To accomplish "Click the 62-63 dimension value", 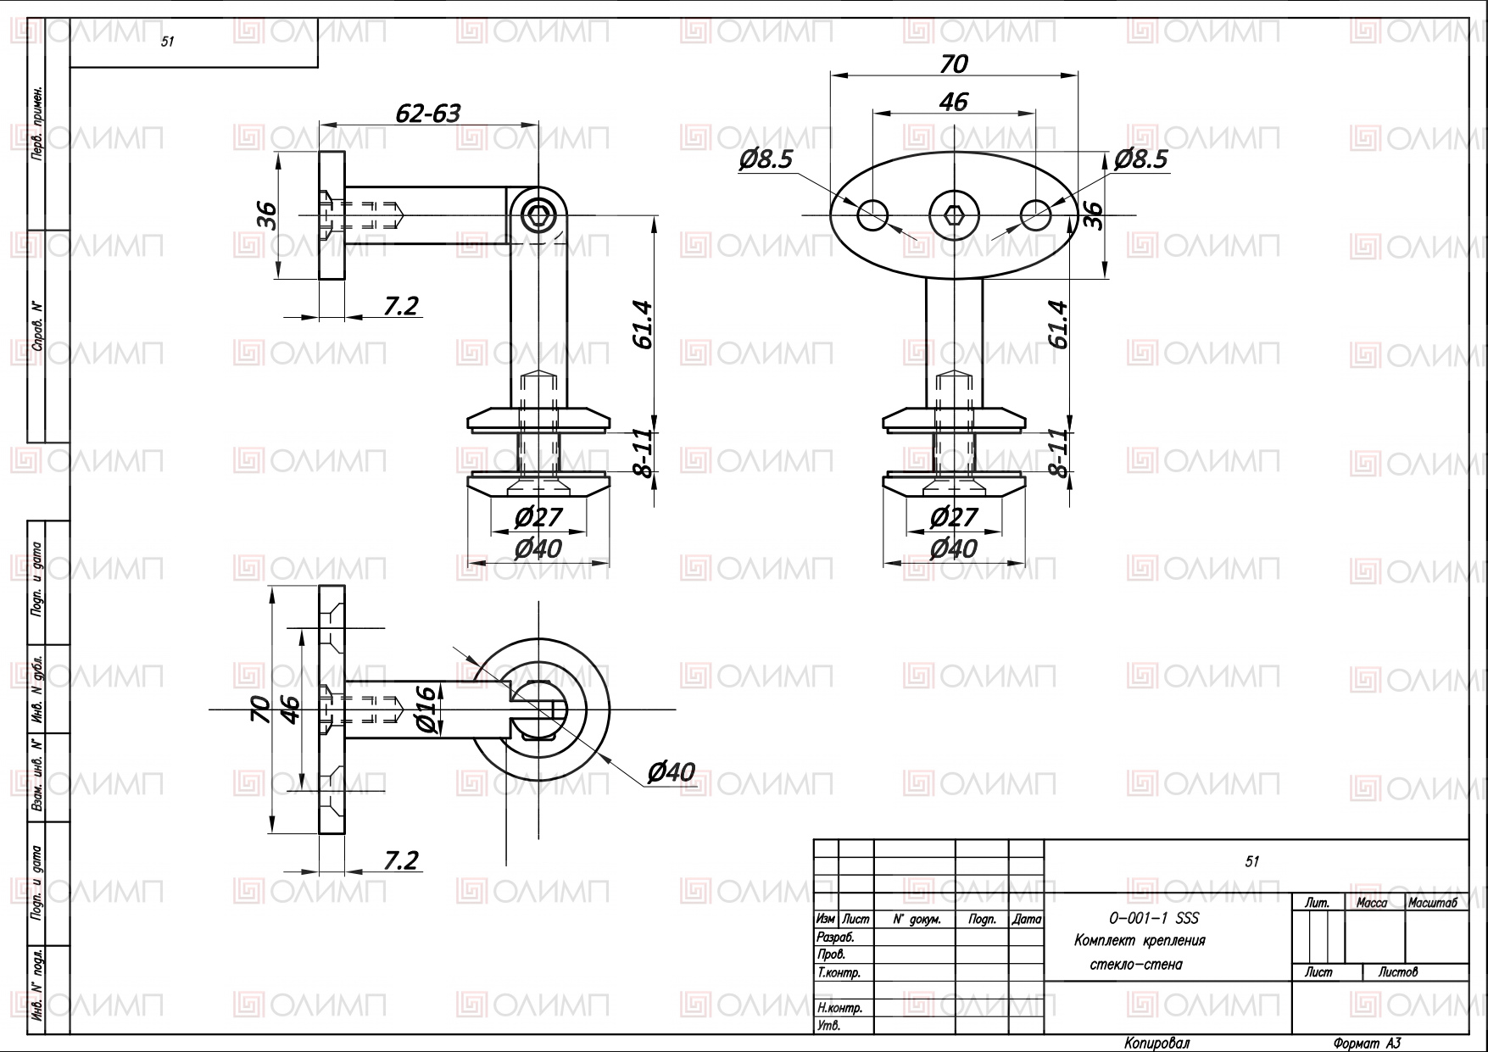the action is (x=428, y=113).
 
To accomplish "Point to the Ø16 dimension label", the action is (x=426, y=709).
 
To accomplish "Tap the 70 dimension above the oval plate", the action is (x=954, y=64).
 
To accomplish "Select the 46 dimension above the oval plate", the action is (x=954, y=102).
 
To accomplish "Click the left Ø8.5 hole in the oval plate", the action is (x=872, y=214).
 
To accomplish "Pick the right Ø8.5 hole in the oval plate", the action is (x=1035, y=214).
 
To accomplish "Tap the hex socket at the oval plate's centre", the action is (x=954, y=214).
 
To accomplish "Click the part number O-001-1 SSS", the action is (x=1154, y=918).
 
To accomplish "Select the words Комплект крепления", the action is (x=1140, y=941).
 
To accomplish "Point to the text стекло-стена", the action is (x=1135, y=965).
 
